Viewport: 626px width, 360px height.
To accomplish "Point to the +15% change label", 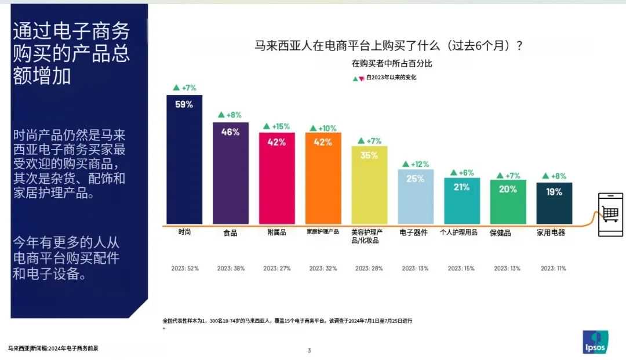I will [x=276, y=126].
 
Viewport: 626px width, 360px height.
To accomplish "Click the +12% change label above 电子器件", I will [x=416, y=164].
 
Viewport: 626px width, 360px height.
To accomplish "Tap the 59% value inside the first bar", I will [x=184, y=105].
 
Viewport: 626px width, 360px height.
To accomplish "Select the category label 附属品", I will [x=276, y=232].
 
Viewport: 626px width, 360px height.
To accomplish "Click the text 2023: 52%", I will [x=185, y=268].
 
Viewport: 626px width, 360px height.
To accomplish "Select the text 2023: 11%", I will [x=554, y=268].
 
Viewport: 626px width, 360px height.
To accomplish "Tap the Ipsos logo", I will [x=595, y=341].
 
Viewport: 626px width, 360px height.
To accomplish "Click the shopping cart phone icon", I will [x=610, y=214].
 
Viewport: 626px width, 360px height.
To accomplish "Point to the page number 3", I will [x=310, y=350].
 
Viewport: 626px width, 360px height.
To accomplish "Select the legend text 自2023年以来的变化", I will [x=391, y=78].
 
